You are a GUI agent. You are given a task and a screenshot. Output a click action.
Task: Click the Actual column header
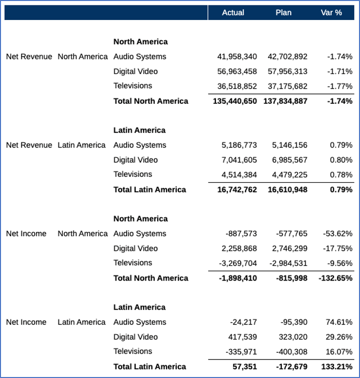point(233,13)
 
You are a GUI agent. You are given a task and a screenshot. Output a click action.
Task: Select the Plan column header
point(284,13)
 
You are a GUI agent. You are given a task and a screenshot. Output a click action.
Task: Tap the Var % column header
point(331,13)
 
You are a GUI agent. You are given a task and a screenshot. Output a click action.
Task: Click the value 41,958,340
point(237,57)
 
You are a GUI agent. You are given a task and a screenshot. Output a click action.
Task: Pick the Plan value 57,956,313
point(287,72)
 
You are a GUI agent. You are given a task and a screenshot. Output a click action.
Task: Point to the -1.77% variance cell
point(340,86)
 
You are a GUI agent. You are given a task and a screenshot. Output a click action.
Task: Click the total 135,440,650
point(235,101)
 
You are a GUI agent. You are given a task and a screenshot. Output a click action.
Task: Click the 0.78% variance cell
point(341,174)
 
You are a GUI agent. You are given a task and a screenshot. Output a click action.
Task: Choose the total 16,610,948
point(287,189)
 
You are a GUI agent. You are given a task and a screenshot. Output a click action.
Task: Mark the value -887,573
point(241,234)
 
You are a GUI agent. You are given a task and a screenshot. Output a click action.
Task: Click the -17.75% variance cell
point(338,248)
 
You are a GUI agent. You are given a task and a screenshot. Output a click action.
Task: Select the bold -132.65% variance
point(335,278)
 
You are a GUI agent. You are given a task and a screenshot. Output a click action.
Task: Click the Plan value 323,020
point(293,337)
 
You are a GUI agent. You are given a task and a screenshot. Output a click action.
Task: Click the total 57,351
point(245,366)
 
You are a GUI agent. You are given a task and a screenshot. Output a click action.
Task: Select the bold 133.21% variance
point(337,366)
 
